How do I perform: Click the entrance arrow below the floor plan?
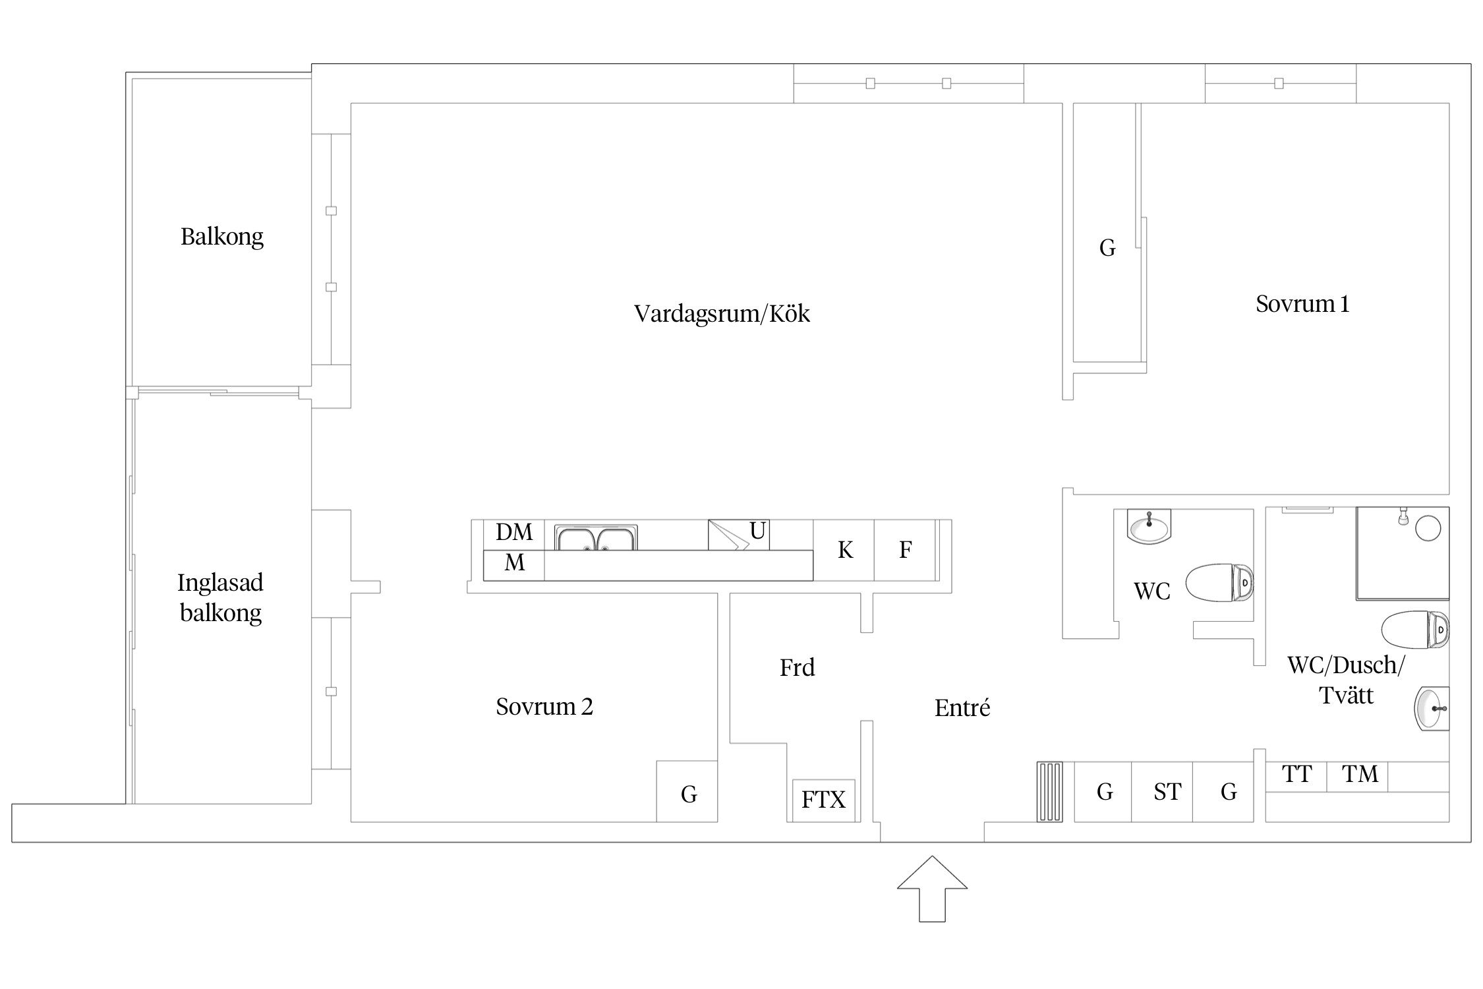click(x=932, y=888)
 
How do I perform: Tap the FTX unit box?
click(x=823, y=800)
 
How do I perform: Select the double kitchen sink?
click(x=596, y=537)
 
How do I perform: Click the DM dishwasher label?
click(x=514, y=531)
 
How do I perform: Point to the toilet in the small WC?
click(x=1219, y=583)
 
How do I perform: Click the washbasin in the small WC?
click(x=1149, y=526)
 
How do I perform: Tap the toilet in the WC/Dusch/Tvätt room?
click(x=1415, y=630)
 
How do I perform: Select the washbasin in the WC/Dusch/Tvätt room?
click(x=1432, y=709)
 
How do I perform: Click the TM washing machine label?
click(x=1360, y=774)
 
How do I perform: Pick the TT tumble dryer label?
click(x=1297, y=774)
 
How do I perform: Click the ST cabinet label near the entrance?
click(x=1167, y=792)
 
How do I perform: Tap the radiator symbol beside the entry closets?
click(x=1050, y=792)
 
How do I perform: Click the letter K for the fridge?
click(x=845, y=550)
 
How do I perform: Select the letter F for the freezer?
click(x=906, y=550)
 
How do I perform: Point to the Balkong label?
click(x=222, y=237)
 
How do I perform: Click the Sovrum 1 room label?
click(x=1302, y=304)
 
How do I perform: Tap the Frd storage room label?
click(x=798, y=668)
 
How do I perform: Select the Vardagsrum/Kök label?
click(x=722, y=314)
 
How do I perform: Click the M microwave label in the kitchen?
click(x=515, y=562)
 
